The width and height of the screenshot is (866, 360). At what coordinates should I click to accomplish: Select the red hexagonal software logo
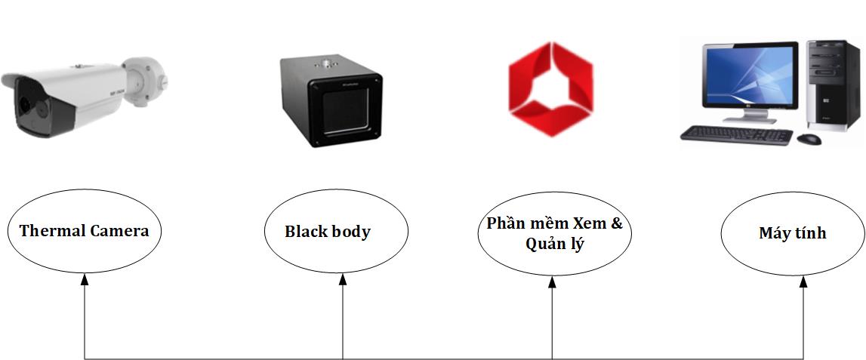pyautogui.click(x=550, y=89)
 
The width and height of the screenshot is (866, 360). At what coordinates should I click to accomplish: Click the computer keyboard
pyautogui.click(x=736, y=135)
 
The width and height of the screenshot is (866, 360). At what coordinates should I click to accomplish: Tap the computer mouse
pyautogui.click(x=809, y=139)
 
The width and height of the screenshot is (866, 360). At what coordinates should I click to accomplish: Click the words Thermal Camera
pyautogui.click(x=84, y=231)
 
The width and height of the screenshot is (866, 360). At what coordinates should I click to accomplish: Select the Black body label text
pyautogui.click(x=328, y=232)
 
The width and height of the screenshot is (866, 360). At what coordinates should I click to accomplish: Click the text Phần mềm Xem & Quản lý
pyautogui.click(x=554, y=234)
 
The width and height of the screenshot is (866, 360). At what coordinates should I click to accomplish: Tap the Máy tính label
pyautogui.click(x=792, y=233)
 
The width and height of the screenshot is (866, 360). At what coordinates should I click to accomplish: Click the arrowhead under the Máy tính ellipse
pyautogui.click(x=803, y=280)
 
